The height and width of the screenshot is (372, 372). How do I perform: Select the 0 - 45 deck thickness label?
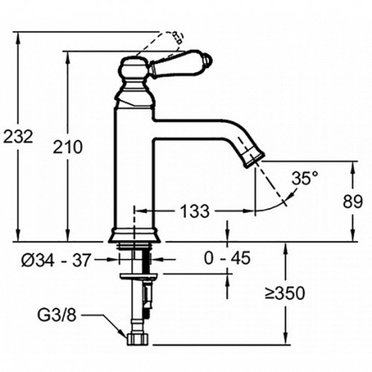227,258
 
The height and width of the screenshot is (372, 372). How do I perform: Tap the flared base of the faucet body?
135,234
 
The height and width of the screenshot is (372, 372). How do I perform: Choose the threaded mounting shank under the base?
135,260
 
